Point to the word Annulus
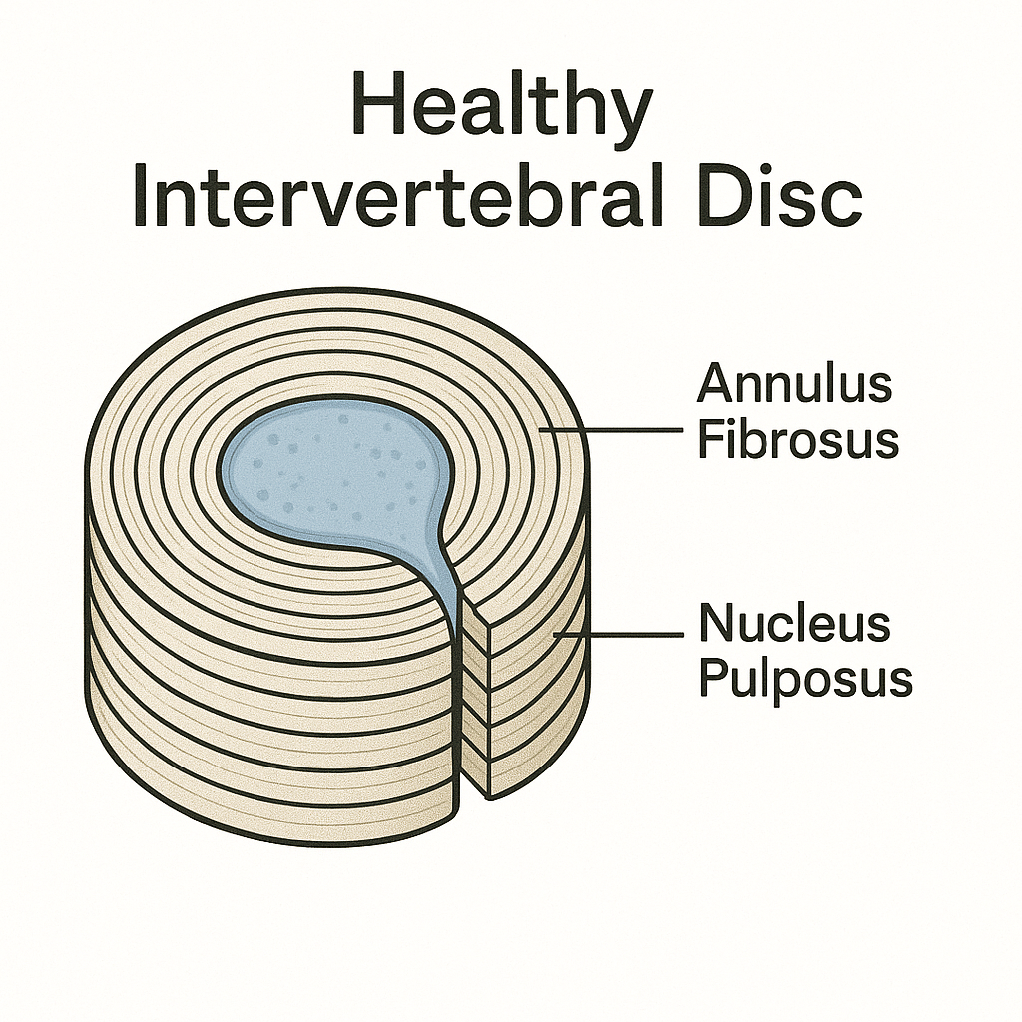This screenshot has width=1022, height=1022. coord(793,383)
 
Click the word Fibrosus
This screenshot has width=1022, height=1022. coord(797,439)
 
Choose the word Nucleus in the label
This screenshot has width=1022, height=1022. coord(793,624)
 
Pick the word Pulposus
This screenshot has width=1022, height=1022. coord(804,680)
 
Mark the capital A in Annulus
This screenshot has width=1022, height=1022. coord(716,383)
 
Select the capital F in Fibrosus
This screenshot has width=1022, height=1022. coord(709,439)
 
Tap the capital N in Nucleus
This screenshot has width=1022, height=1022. coord(716,624)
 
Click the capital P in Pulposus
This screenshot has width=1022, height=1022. coord(713,678)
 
